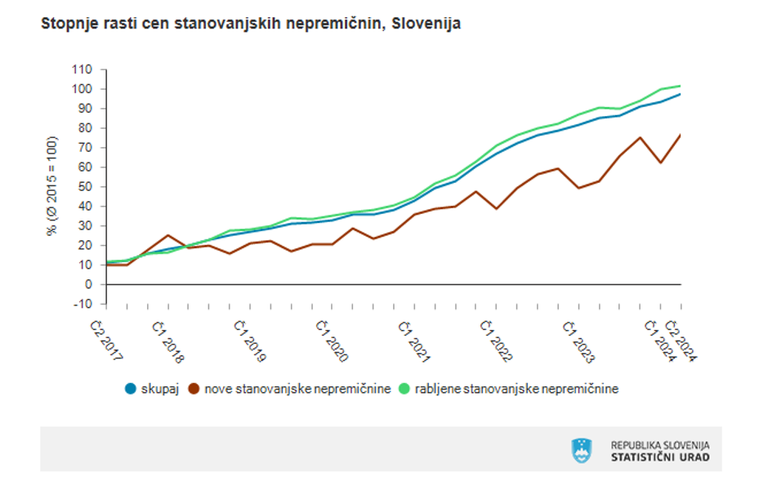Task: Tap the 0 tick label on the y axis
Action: pyautogui.click(x=88, y=284)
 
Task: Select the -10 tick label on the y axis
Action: pyautogui.click(x=83, y=304)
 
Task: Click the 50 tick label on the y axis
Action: pyautogui.click(x=84, y=186)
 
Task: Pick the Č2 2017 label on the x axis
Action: pyautogui.click(x=107, y=342)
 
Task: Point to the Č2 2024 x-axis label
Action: pyautogui.click(x=685, y=342)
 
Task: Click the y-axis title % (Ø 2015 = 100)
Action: pyautogui.click(x=52, y=186)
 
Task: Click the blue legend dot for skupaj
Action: pyautogui.click(x=129, y=389)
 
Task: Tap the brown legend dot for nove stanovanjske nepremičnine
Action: pyautogui.click(x=194, y=389)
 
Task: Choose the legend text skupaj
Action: pyautogui.click(x=159, y=389)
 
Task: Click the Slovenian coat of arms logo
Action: pyautogui.click(x=582, y=450)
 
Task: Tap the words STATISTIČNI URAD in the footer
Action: pyautogui.click(x=660, y=457)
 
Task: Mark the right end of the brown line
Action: pyautogui.click(x=681, y=135)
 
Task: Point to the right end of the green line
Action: pyautogui.click(x=681, y=86)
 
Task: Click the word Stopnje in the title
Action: pyautogui.click(x=66, y=24)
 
